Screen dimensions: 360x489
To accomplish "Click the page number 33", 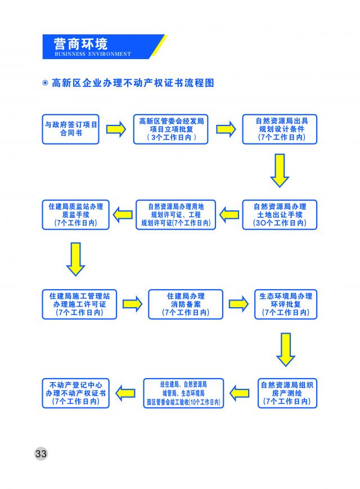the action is [x=41, y=453].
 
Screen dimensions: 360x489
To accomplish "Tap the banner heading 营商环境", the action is [x=81, y=44].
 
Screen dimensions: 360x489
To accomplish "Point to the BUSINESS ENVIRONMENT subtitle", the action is [x=93, y=54].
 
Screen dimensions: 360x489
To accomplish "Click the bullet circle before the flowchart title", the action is [x=45, y=83].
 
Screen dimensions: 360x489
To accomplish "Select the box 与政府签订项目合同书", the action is [x=70, y=129].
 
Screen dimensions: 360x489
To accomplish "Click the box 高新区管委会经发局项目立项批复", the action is [x=170, y=129].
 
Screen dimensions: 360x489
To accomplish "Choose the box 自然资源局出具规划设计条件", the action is [x=280, y=129].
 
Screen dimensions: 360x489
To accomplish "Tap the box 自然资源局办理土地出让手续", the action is [x=280, y=214].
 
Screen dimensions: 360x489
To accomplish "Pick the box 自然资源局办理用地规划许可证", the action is [x=176, y=214].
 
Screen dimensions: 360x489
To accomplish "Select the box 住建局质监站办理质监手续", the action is [x=76, y=214].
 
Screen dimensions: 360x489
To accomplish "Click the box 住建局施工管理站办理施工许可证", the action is [x=79, y=304].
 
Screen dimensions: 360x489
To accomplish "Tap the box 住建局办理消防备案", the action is [x=186, y=304].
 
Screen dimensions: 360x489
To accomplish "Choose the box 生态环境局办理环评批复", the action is [x=286, y=304].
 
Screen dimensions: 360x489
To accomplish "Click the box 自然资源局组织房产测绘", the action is [x=287, y=393].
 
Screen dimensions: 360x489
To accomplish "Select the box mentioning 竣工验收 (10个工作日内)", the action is [x=183, y=393].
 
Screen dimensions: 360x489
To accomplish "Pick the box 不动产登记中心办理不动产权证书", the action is [x=76, y=393].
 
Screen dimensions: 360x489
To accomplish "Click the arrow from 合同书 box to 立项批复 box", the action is [x=116, y=129].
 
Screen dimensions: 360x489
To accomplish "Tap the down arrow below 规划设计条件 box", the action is [x=280, y=171].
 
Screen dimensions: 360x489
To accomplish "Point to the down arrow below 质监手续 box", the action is [x=76, y=259].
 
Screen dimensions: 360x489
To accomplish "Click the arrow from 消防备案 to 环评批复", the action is [x=238, y=304].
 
